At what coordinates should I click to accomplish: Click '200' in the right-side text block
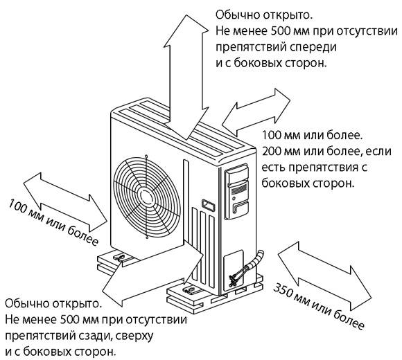[x=272, y=151]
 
